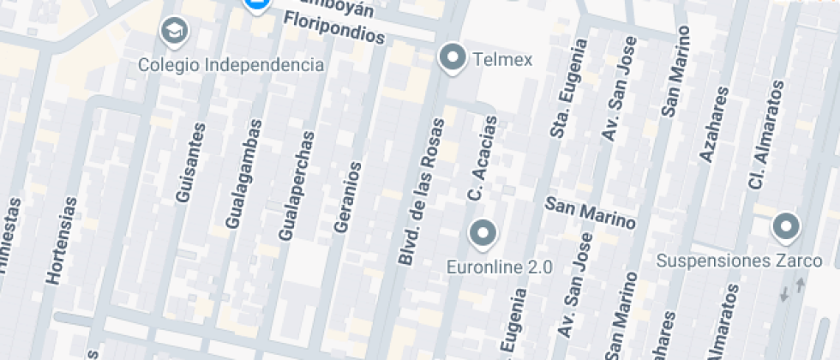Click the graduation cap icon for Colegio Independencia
pos(175,32)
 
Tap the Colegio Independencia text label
pos(231,65)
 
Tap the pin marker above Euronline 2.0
pos(483,232)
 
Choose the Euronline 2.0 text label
pos(499,267)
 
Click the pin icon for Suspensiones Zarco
pos(785,227)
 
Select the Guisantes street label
pos(191,163)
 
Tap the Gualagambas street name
pos(243,176)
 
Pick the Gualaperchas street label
pos(297,185)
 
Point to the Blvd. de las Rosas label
pos(422,191)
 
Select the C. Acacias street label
pos(482,158)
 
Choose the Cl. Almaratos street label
pos(765,135)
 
